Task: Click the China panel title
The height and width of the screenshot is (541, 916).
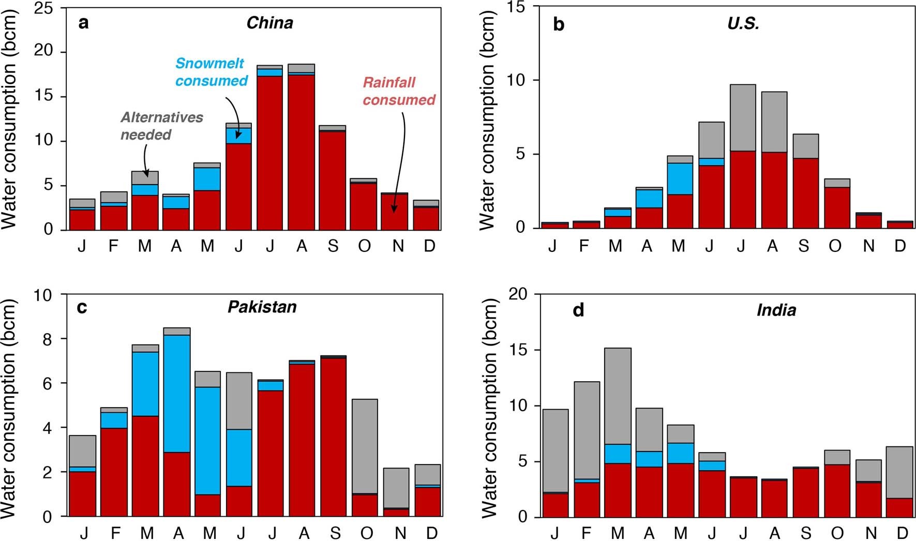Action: click(269, 23)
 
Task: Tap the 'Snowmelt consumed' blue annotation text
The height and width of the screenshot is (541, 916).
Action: click(211, 72)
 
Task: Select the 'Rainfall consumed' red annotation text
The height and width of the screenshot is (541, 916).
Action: click(399, 91)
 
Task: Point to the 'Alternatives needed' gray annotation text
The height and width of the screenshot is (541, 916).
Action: click(161, 126)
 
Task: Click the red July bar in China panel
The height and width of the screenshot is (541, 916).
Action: click(270, 153)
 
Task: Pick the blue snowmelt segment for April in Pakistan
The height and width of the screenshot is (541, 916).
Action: click(177, 393)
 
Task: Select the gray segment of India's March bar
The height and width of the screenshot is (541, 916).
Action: click(618, 396)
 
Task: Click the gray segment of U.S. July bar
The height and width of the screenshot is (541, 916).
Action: click(742, 118)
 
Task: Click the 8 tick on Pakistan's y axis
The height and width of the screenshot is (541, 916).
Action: click(47, 339)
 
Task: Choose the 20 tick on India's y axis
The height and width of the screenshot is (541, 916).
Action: click(517, 294)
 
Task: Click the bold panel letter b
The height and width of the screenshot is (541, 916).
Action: click(559, 24)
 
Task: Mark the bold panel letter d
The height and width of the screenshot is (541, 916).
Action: click(578, 310)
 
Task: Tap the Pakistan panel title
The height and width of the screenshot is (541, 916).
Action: click(262, 307)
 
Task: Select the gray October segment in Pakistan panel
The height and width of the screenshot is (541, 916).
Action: click(365, 446)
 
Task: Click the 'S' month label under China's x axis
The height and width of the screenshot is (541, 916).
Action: click(333, 246)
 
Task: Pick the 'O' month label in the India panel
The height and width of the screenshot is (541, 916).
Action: click(837, 533)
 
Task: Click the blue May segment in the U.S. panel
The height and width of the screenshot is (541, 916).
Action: click(680, 178)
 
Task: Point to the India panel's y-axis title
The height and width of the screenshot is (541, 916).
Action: click(488, 406)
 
